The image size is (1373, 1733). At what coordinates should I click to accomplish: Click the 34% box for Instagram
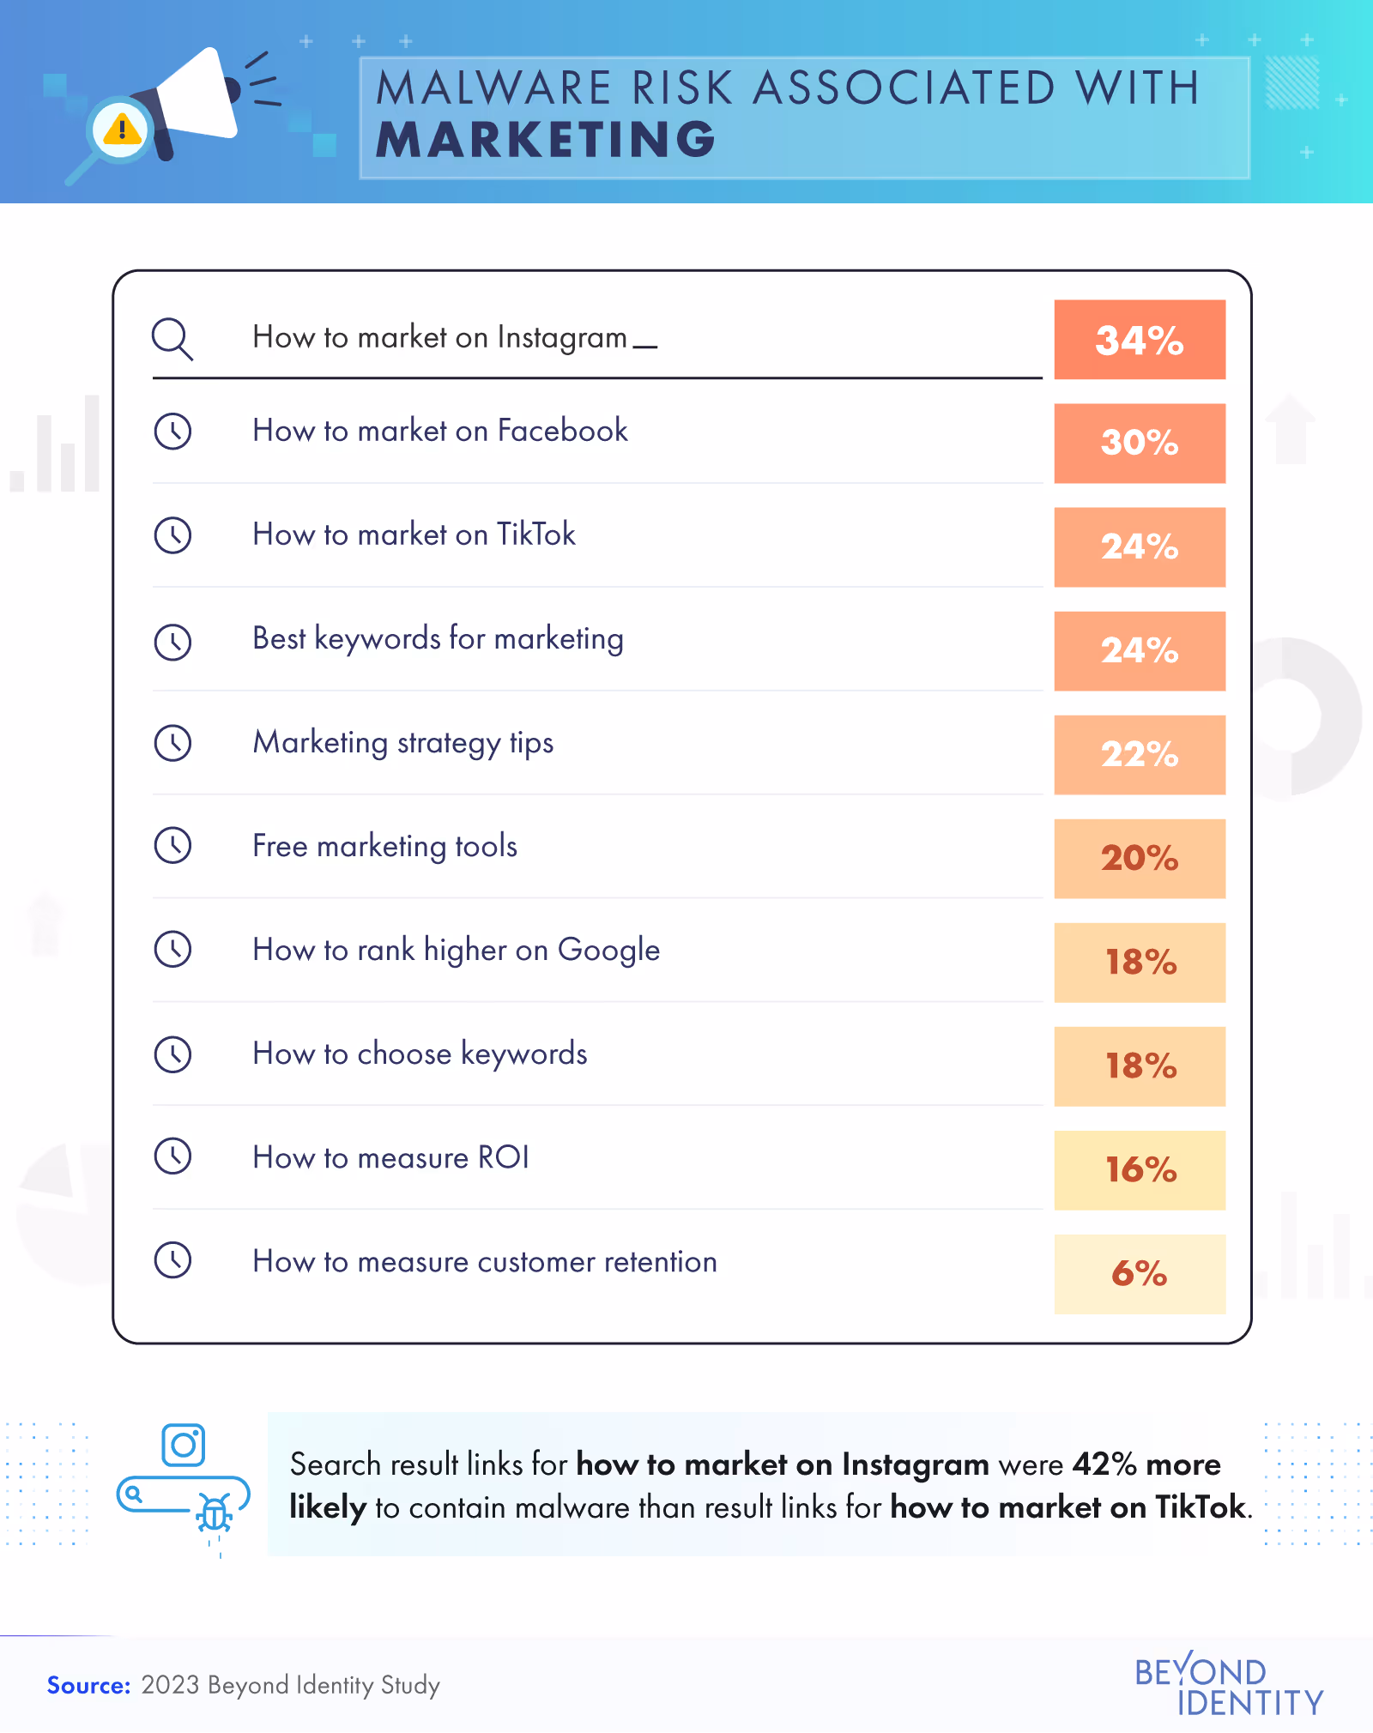[x=1139, y=340]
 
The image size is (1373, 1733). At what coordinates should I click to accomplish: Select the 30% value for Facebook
[x=1139, y=444]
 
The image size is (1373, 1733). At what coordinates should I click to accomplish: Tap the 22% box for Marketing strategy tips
[x=1139, y=755]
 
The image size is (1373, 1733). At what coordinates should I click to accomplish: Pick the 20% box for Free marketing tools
[x=1139, y=859]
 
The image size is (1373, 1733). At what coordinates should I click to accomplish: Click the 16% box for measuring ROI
[x=1139, y=1170]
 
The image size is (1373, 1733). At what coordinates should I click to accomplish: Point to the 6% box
[x=1139, y=1274]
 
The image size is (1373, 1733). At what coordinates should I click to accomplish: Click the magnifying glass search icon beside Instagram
[x=172, y=339]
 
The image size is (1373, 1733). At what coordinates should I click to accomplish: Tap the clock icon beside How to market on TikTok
[x=172, y=535]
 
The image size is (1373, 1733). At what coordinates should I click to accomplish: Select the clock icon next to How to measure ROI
[x=172, y=1156]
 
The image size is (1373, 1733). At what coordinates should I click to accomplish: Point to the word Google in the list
[x=608, y=951]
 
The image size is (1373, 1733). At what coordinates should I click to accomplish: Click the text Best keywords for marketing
[x=438, y=639]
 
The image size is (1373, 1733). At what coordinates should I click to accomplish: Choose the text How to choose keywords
[x=420, y=1054]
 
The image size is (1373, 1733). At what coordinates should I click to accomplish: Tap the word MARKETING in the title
[x=546, y=140]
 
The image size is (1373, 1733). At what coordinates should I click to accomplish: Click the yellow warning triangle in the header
[x=122, y=130]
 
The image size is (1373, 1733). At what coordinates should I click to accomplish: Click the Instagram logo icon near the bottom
[x=184, y=1446]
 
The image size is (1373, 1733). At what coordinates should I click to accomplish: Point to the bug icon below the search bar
[x=214, y=1513]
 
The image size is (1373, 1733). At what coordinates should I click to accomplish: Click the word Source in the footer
[x=88, y=1686]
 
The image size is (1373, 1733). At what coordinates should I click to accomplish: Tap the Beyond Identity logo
[x=1228, y=1685]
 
